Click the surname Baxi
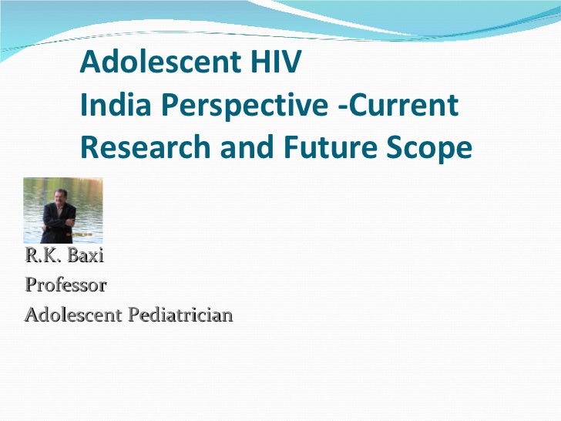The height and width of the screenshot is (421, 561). [86, 255]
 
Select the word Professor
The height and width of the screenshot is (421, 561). [66, 285]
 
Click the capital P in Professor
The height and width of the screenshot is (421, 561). [30, 285]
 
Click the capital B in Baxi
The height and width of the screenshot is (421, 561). [75, 255]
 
